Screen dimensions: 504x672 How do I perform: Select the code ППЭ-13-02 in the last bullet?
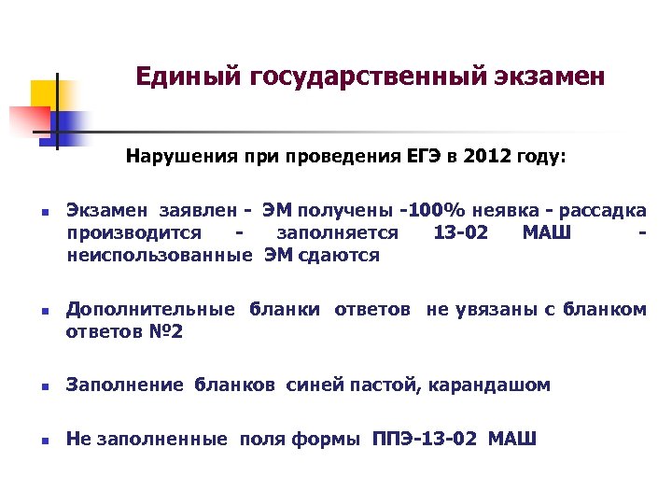427,440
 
